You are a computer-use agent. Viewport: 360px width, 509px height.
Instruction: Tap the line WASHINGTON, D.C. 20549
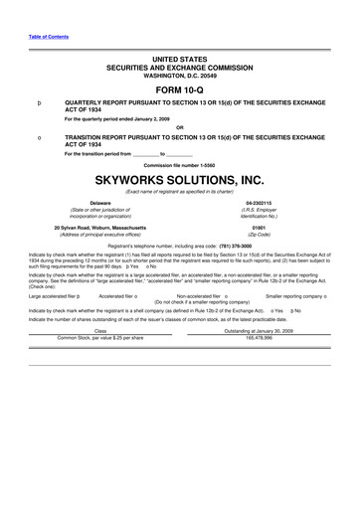click(x=179, y=74)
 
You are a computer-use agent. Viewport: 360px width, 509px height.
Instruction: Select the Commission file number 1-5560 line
click(x=179, y=164)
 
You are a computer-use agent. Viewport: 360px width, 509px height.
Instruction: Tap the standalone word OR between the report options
click(x=179, y=126)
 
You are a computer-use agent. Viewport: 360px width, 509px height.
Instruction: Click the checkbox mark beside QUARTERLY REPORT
click(x=38, y=102)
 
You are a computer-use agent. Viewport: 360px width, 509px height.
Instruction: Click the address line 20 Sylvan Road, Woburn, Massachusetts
click(x=99, y=227)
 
